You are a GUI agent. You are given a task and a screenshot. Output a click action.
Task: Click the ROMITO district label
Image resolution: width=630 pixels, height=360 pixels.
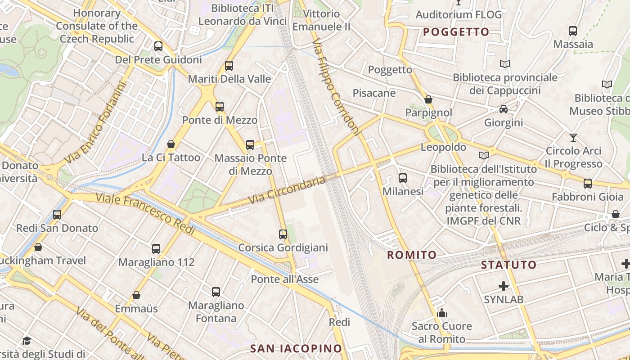tap(412, 255)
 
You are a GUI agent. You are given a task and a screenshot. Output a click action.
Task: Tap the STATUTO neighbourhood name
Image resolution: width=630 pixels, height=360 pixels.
tap(508, 265)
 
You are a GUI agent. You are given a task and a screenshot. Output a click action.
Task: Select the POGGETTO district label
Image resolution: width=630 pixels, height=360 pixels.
tap(456, 32)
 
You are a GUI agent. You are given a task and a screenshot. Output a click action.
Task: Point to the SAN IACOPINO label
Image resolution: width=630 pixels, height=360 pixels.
tap(296, 348)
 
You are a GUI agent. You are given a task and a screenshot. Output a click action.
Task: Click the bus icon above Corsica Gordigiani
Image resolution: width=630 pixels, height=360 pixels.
tap(283, 234)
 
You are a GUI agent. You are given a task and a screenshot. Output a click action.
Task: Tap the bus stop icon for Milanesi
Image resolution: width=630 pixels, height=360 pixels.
tap(402, 178)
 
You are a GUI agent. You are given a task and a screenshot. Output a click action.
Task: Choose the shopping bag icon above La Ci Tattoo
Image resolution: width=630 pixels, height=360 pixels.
tap(171, 144)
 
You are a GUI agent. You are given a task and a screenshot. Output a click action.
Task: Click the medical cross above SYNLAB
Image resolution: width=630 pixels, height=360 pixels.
tap(504, 286)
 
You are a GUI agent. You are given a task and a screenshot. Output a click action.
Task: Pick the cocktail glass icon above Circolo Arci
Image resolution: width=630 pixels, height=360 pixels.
tap(573, 138)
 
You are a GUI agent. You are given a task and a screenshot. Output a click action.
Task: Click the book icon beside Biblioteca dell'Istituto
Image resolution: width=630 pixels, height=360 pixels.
tap(483, 155)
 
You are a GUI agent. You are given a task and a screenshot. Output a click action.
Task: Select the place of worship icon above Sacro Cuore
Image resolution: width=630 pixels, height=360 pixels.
tap(442, 313)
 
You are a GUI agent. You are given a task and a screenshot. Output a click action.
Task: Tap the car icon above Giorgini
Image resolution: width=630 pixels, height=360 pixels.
tap(503, 109)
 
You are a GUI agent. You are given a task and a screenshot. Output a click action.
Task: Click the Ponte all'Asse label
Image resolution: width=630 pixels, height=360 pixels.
tap(284, 279)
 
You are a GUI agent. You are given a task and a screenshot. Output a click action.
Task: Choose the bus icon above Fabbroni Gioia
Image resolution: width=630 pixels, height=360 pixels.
tap(587, 184)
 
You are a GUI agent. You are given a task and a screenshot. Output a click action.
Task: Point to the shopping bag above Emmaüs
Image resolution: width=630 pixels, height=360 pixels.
tap(136, 295)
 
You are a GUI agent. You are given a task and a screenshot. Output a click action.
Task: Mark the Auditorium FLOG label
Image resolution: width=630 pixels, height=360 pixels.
tap(458, 14)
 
